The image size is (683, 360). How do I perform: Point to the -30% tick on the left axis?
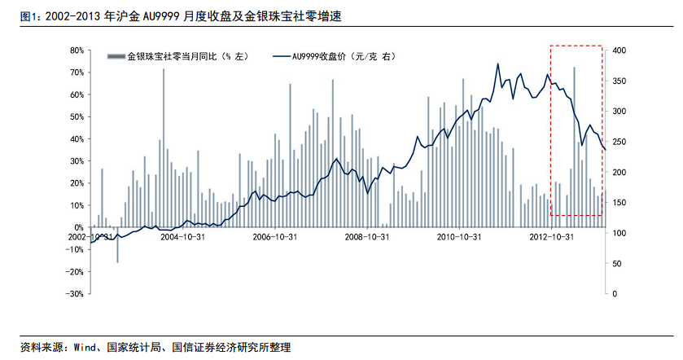coord(74,293)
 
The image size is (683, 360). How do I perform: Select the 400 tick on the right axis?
coord(618,50)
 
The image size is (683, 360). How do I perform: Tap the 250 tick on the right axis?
coord(618,142)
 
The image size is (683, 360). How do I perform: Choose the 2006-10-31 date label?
coord(274,238)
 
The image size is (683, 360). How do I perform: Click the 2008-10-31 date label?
coord(368,238)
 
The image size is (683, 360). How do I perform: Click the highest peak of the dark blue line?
coord(497,64)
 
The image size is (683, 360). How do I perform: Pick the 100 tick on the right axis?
coord(618,233)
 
